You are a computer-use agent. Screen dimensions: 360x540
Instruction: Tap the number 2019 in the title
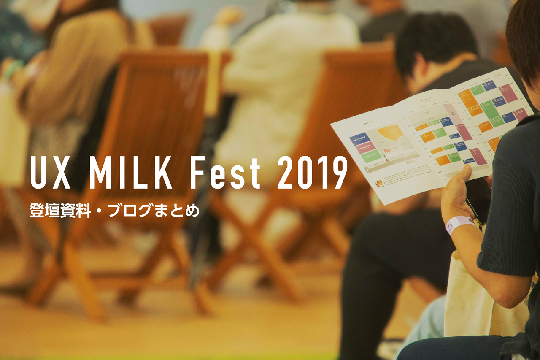[312, 173]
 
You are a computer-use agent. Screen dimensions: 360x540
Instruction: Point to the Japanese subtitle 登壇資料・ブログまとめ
[114, 210]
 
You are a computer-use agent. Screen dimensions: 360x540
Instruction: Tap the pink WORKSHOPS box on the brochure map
[365, 147]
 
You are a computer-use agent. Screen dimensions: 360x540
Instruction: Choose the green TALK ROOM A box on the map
[371, 156]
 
